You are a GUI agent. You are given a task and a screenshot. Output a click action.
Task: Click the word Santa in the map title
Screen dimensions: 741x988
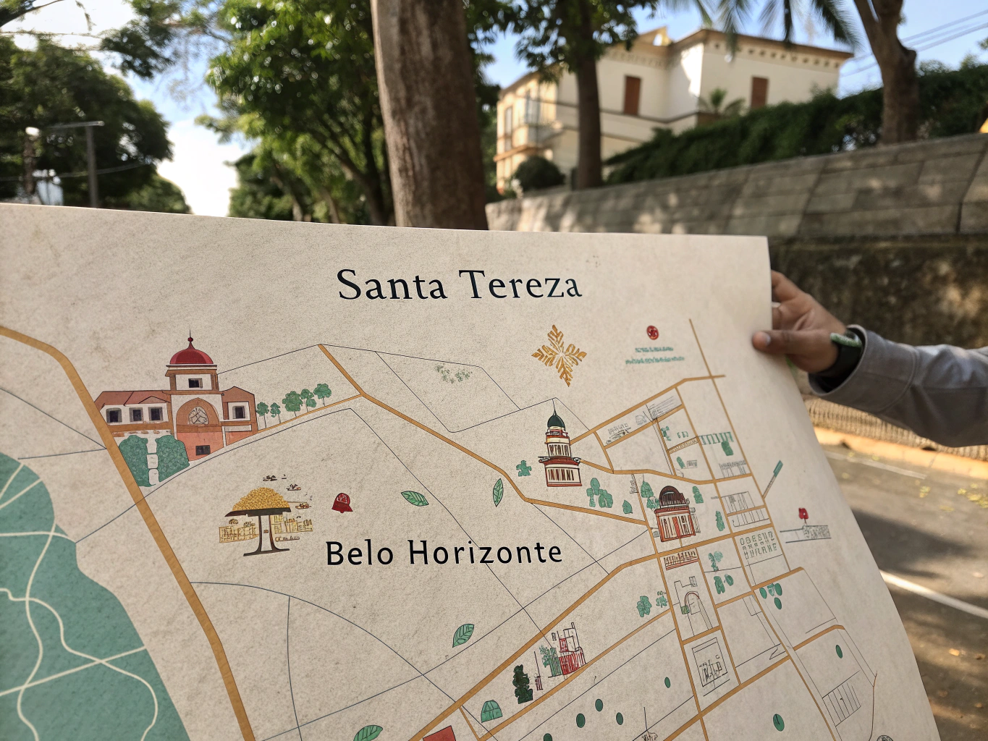click(x=391, y=285)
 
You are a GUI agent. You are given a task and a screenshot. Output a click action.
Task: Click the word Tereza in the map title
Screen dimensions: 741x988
click(x=520, y=284)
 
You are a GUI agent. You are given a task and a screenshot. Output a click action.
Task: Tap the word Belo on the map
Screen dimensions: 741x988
click(x=360, y=554)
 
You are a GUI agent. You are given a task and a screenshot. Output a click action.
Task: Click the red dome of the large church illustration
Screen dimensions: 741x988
click(x=191, y=355)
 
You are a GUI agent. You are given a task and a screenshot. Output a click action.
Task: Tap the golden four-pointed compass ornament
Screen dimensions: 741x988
click(x=559, y=355)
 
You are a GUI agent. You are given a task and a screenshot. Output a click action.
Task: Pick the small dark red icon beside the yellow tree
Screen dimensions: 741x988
click(x=342, y=502)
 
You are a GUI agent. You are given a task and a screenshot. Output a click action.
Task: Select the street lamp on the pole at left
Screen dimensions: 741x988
click(x=33, y=132)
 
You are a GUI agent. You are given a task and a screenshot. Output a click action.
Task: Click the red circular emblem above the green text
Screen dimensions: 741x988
click(x=652, y=332)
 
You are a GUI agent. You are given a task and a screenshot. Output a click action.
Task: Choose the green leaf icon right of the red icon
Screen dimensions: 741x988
click(x=415, y=498)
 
